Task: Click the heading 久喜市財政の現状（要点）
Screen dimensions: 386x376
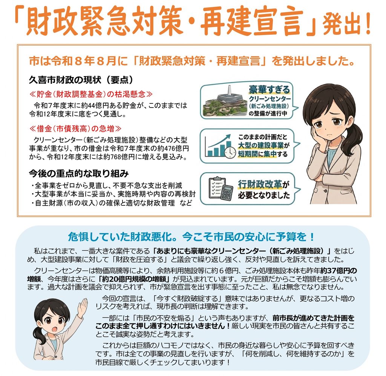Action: pos(81,80)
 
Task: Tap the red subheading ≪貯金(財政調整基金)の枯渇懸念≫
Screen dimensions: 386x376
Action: pos(91,94)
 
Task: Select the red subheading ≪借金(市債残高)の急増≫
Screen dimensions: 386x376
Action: pos(75,128)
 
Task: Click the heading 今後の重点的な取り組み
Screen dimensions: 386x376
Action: pos(79,174)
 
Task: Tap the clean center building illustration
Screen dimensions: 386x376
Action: pos(225,101)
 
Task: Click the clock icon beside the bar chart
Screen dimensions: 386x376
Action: pos(230,153)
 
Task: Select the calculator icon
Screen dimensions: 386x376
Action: pos(227,193)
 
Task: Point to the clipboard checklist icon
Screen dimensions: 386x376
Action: pos(216,187)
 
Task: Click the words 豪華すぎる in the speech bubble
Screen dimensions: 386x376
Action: pos(269,89)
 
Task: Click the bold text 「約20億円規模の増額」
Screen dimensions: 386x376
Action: pos(133,279)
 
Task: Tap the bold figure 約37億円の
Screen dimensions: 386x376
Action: pos(339,270)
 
